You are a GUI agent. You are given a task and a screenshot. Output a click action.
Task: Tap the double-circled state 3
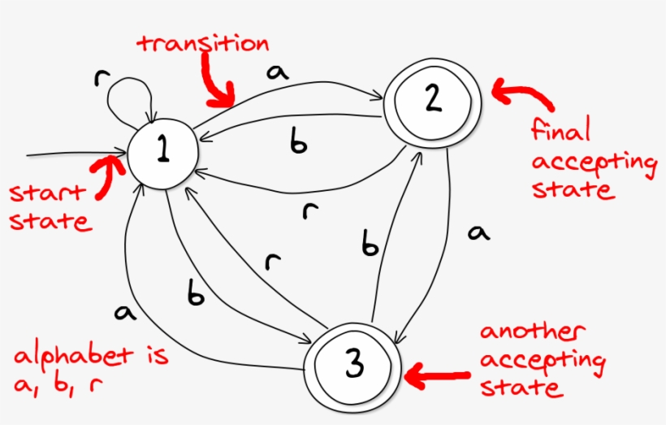coord(354,366)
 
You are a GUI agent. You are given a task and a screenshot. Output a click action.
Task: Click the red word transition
coord(203,43)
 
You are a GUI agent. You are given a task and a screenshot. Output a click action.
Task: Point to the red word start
coord(46,194)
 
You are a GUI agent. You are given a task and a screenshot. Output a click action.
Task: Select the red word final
coord(560,130)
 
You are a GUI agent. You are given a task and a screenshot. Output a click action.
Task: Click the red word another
coord(531,332)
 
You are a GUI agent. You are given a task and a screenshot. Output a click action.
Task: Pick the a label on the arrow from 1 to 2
coord(277,72)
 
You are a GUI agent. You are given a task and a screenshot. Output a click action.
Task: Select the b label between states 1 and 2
coord(299,143)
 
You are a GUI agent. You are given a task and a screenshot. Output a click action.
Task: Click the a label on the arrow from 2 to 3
coord(479,234)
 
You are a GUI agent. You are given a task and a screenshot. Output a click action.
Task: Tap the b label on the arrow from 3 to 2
coord(370,245)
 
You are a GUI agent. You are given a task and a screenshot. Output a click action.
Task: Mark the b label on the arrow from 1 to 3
coord(196,296)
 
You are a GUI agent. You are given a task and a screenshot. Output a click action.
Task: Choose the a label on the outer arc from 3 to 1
coord(124,311)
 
